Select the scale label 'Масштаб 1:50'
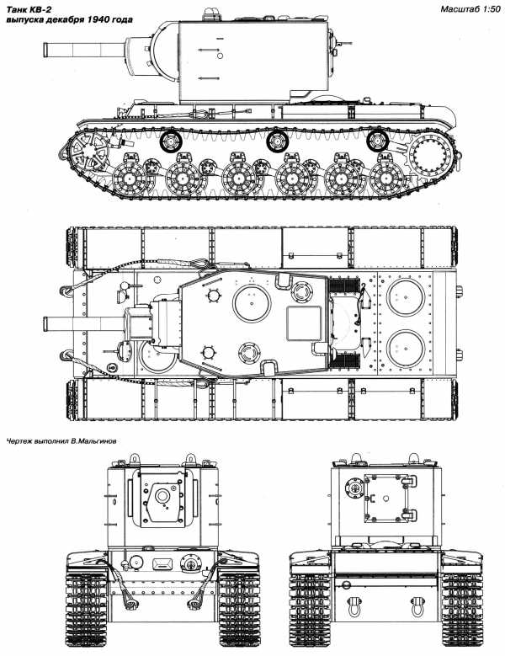click(x=470, y=9)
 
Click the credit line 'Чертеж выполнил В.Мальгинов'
click(x=62, y=441)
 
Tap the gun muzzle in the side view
click(x=46, y=50)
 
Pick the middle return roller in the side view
click(x=277, y=141)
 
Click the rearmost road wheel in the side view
click(x=385, y=179)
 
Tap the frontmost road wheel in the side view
click(x=129, y=179)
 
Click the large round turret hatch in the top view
click(x=252, y=303)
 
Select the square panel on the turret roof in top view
click(x=304, y=323)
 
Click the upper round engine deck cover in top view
click(x=406, y=296)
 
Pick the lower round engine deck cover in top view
click(x=406, y=349)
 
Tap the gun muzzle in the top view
click(x=46, y=323)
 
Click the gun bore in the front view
click(x=162, y=496)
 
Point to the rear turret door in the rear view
click(x=385, y=498)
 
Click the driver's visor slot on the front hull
click(x=162, y=564)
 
